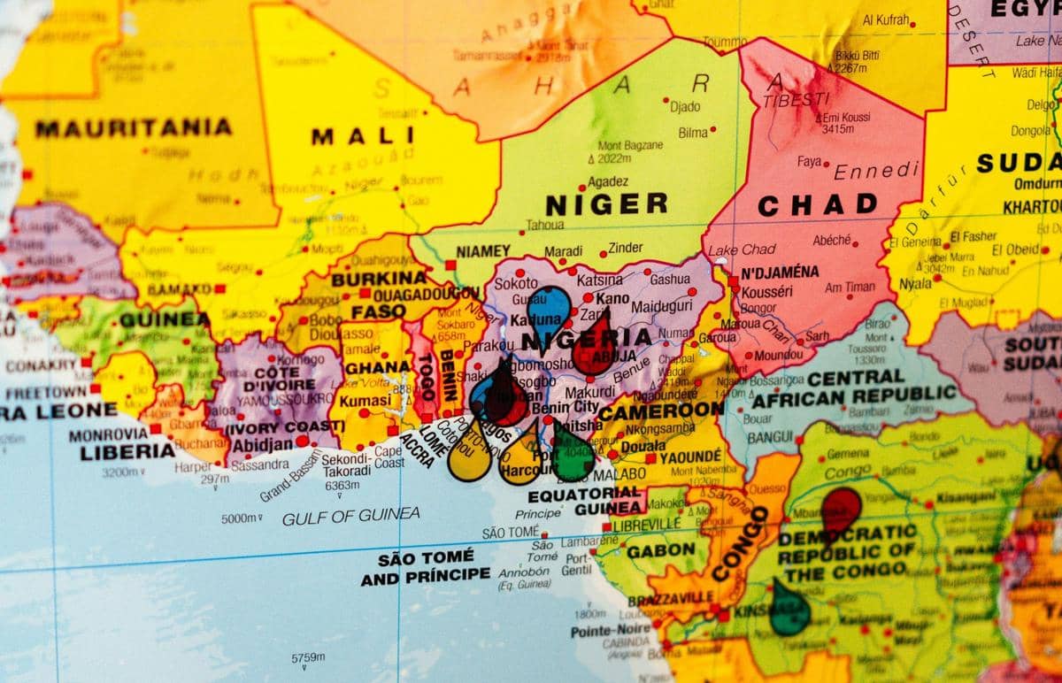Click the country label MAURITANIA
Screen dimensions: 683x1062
[133, 128]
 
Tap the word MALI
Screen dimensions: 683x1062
[363, 136]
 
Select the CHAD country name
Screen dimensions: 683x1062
[817, 205]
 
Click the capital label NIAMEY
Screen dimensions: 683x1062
[483, 251]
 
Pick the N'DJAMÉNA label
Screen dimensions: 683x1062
[780, 272]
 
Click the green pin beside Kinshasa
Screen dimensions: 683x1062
[789, 609]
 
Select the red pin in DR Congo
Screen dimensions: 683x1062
[840, 508]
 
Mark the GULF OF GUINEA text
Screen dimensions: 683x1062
[351, 517]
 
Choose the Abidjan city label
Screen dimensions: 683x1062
[263, 444]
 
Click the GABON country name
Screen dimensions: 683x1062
[660, 550]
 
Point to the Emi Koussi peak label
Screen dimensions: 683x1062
[844, 118]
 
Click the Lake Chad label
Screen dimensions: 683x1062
[742, 250]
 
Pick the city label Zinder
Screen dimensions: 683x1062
[626, 249]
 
